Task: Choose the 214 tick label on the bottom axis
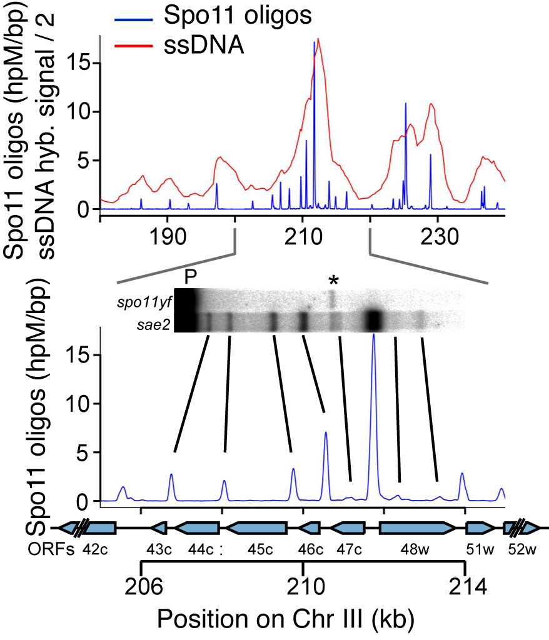pyautogui.click(x=465, y=587)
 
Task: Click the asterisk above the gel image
pyautogui.click(x=333, y=281)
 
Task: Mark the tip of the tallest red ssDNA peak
pyautogui.click(x=318, y=39)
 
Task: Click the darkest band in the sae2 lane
pyautogui.click(x=374, y=320)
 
